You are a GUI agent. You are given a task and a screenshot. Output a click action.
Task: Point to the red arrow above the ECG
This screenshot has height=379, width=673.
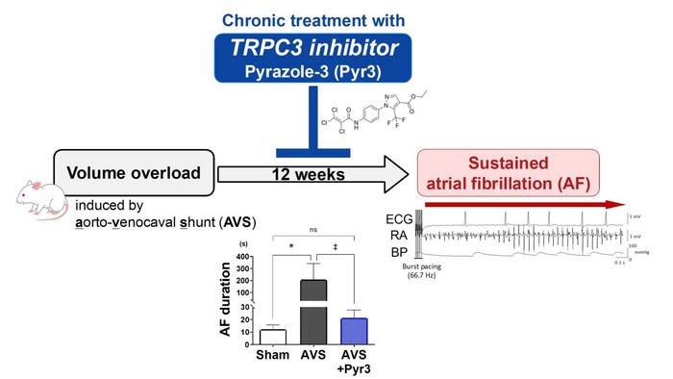click(519, 205)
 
